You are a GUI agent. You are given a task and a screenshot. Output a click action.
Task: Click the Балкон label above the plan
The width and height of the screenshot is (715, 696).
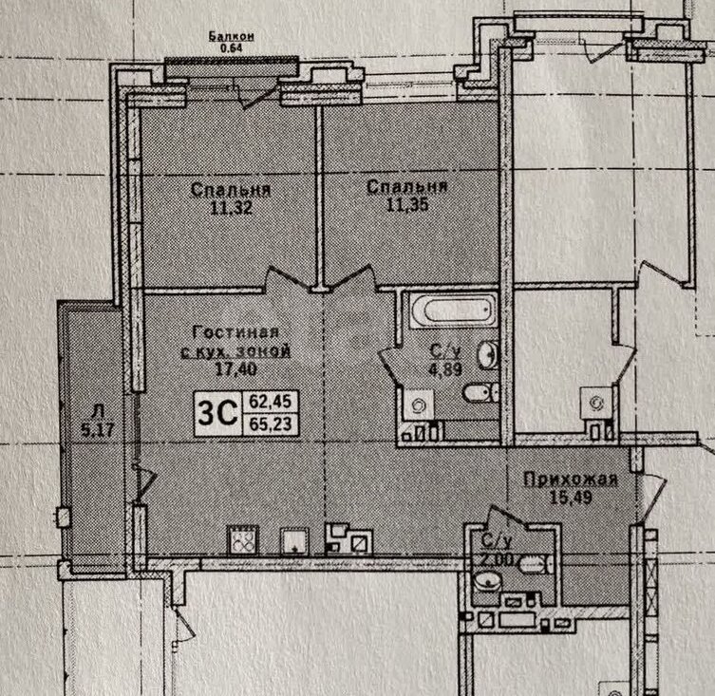231,36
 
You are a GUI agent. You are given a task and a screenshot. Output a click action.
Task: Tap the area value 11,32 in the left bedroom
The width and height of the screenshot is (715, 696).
231,208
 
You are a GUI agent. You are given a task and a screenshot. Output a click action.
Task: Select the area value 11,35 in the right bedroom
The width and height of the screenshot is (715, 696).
407,205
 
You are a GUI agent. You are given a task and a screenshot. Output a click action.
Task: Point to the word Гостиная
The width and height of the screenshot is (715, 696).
235,331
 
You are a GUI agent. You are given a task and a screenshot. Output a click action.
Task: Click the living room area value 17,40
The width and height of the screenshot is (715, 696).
235,368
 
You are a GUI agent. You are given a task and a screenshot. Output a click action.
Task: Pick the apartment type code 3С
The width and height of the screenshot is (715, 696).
217,413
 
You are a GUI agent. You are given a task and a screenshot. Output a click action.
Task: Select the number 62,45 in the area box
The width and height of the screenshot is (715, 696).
271,402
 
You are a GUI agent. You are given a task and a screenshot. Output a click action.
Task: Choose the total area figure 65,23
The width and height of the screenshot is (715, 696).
271,424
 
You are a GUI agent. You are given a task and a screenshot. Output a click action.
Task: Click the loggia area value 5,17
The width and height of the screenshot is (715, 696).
97,429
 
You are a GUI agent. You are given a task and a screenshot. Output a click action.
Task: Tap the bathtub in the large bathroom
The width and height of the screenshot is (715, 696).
453,310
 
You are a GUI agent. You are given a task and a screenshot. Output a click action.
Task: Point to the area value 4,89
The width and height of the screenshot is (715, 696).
445,368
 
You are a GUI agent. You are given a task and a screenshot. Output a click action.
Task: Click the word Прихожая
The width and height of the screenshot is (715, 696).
571,480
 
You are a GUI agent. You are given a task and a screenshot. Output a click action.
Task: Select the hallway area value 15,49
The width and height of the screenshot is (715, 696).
571,497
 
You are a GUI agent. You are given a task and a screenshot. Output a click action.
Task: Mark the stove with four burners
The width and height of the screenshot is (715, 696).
242,540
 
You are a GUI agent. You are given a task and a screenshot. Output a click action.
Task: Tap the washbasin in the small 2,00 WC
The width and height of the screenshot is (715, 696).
487,581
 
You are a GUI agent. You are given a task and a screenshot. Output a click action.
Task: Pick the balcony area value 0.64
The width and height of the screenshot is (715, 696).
231,47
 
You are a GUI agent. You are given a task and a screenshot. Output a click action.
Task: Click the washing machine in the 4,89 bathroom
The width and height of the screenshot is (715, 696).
419,404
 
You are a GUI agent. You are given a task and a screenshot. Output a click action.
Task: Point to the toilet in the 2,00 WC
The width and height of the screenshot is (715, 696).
536,565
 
